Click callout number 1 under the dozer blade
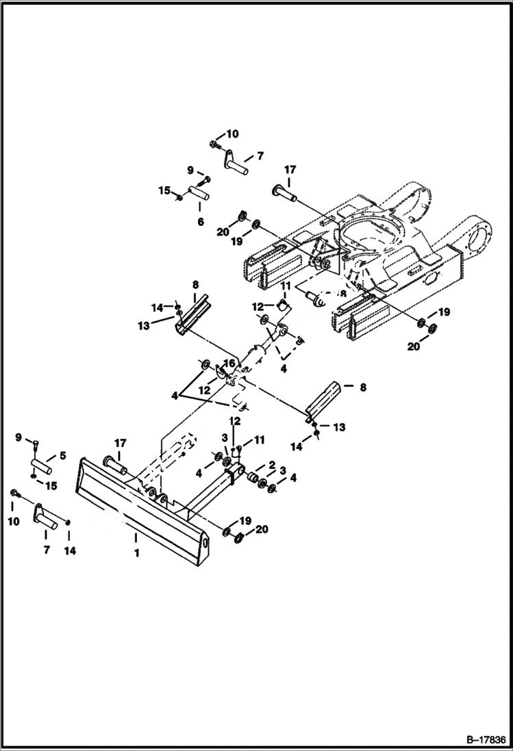click(136, 552)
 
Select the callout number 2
click(272, 465)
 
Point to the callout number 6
click(201, 222)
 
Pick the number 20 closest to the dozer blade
click(262, 529)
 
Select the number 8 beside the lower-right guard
click(363, 387)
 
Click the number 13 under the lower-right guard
click(340, 427)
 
